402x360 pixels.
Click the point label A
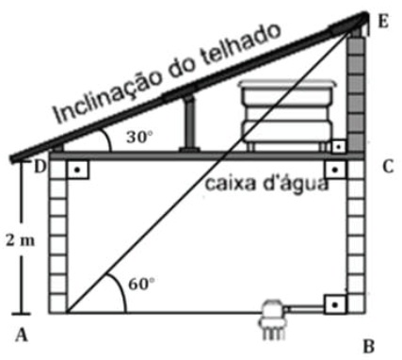pos(22,335)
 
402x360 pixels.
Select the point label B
pos(369,347)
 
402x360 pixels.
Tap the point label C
pos(388,167)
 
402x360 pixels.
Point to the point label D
pos(40,167)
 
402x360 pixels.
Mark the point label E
pos(383,22)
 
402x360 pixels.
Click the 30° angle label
pos(139,138)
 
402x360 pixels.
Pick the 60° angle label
pos(141,285)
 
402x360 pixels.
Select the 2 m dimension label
pos(20,241)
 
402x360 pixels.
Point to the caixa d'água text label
pos(266,184)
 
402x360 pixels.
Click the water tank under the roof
pos(287,116)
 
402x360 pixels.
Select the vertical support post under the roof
pos(189,124)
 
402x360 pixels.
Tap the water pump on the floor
pos(272,319)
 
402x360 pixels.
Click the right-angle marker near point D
pos(77,170)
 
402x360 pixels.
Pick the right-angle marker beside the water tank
pos(338,147)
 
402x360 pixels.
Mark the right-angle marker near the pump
pos(335,304)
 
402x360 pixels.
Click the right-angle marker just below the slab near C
pos(335,170)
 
